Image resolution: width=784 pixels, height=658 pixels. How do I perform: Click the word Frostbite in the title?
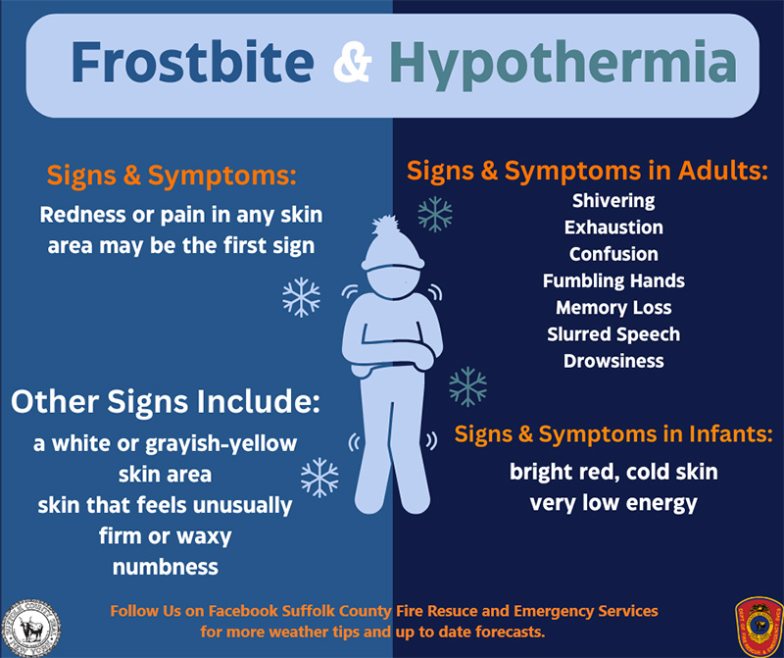click(192, 62)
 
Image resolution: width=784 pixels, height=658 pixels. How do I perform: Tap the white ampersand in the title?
click(352, 62)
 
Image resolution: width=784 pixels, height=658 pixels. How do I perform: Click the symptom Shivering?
click(613, 201)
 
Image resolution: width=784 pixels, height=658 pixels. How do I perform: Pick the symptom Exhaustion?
click(613, 228)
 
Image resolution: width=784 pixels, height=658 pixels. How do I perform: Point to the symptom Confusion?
click(613, 254)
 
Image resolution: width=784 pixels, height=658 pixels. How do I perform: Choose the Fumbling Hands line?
click(613, 280)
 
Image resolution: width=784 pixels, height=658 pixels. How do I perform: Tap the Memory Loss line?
click(613, 308)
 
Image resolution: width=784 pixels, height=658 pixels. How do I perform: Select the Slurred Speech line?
click(613, 334)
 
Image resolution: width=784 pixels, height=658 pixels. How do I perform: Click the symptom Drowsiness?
click(613, 361)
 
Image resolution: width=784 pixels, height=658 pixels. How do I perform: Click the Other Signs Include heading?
click(166, 402)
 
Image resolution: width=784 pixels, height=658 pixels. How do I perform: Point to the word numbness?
click(166, 568)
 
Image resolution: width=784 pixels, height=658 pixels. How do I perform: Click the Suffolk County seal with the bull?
click(31, 628)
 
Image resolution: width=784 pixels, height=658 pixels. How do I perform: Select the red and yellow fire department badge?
click(759, 626)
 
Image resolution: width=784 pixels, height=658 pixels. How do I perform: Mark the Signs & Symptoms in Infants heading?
click(613, 433)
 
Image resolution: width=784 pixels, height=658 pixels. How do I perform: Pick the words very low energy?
click(613, 503)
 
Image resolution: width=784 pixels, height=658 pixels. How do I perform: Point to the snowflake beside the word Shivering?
click(435, 214)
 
